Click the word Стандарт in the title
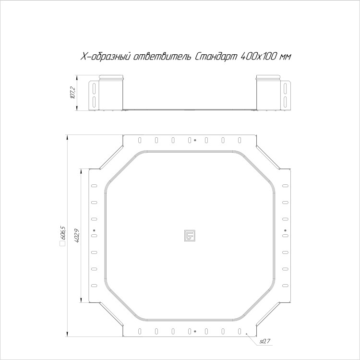click(x=216, y=57)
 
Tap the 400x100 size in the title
click(x=258, y=57)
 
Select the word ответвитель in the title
click(x=162, y=57)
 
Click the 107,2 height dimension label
click(x=73, y=93)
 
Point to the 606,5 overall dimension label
click(x=63, y=233)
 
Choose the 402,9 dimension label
click(x=77, y=236)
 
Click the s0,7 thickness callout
click(x=265, y=341)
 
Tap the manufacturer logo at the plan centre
click(x=190, y=236)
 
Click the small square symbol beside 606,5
click(x=62, y=243)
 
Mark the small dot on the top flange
click(x=195, y=140)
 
